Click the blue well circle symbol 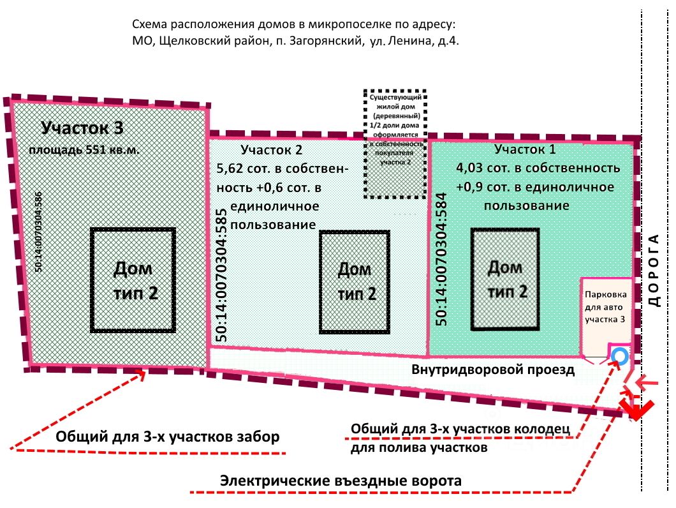619,356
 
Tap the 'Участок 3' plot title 82,128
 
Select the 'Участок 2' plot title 271,150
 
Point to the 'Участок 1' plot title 525,149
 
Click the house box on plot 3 133,280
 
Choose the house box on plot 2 355,281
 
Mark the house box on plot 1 506,278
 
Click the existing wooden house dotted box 395,144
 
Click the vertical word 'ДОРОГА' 653,270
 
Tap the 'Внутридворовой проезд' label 493,370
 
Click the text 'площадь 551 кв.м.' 83,151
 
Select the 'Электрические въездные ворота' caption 341,481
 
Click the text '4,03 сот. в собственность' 538,168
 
